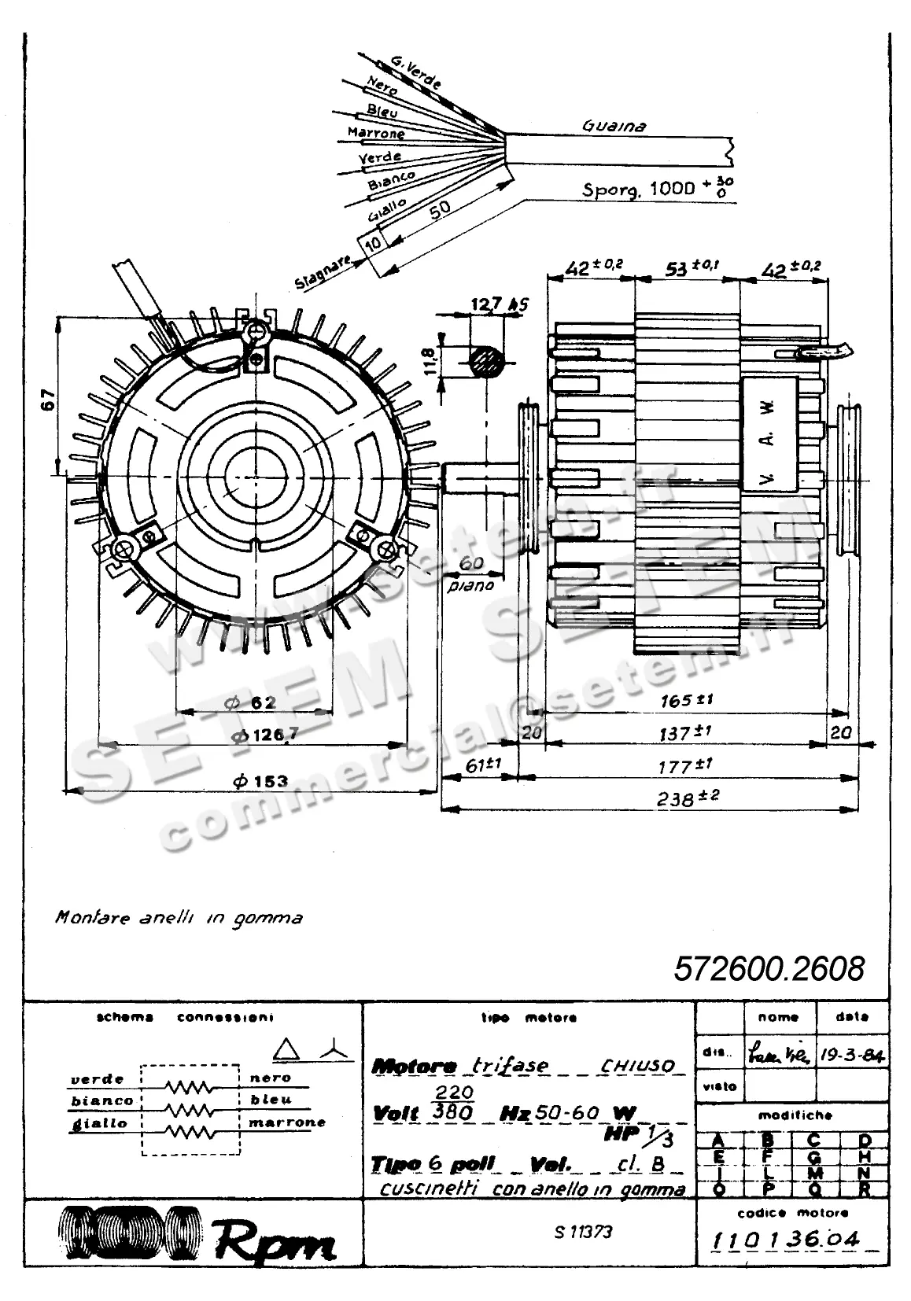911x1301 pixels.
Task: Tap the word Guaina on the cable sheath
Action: pyautogui.click(x=614, y=126)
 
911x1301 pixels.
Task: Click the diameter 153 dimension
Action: pyautogui.click(x=261, y=781)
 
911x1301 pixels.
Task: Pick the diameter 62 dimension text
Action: pyautogui.click(x=250, y=702)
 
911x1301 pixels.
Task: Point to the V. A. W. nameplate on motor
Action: pyautogui.click(x=769, y=440)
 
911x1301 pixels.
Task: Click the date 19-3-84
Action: pyautogui.click(x=852, y=1055)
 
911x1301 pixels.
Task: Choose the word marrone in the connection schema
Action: pyautogui.click(x=287, y=1122)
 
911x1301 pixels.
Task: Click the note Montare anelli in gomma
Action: pyautogui.click(x=179, y=918)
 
